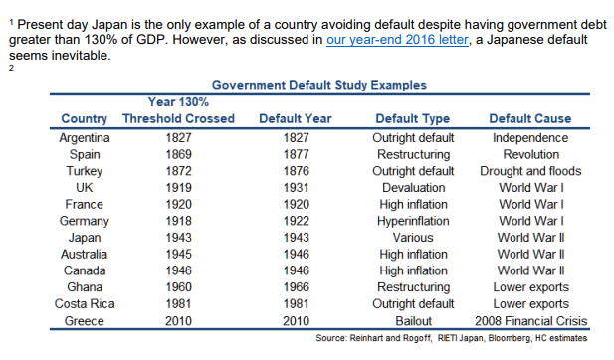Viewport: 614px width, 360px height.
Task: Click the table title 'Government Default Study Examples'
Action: (x=319, y=86)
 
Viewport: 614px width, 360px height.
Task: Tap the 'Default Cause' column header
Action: (x=530, y=119)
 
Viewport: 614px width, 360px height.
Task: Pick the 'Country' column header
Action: (x=85, y=119)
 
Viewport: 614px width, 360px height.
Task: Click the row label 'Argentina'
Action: (x=85, y=137)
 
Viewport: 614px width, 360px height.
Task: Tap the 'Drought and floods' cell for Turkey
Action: (x=530, y=171)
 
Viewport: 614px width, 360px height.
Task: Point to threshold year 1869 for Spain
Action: (x=178, y=154)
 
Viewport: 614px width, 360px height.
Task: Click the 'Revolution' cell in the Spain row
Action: (x=530, y=154)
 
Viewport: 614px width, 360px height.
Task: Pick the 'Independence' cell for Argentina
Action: (x=530, y=137)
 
